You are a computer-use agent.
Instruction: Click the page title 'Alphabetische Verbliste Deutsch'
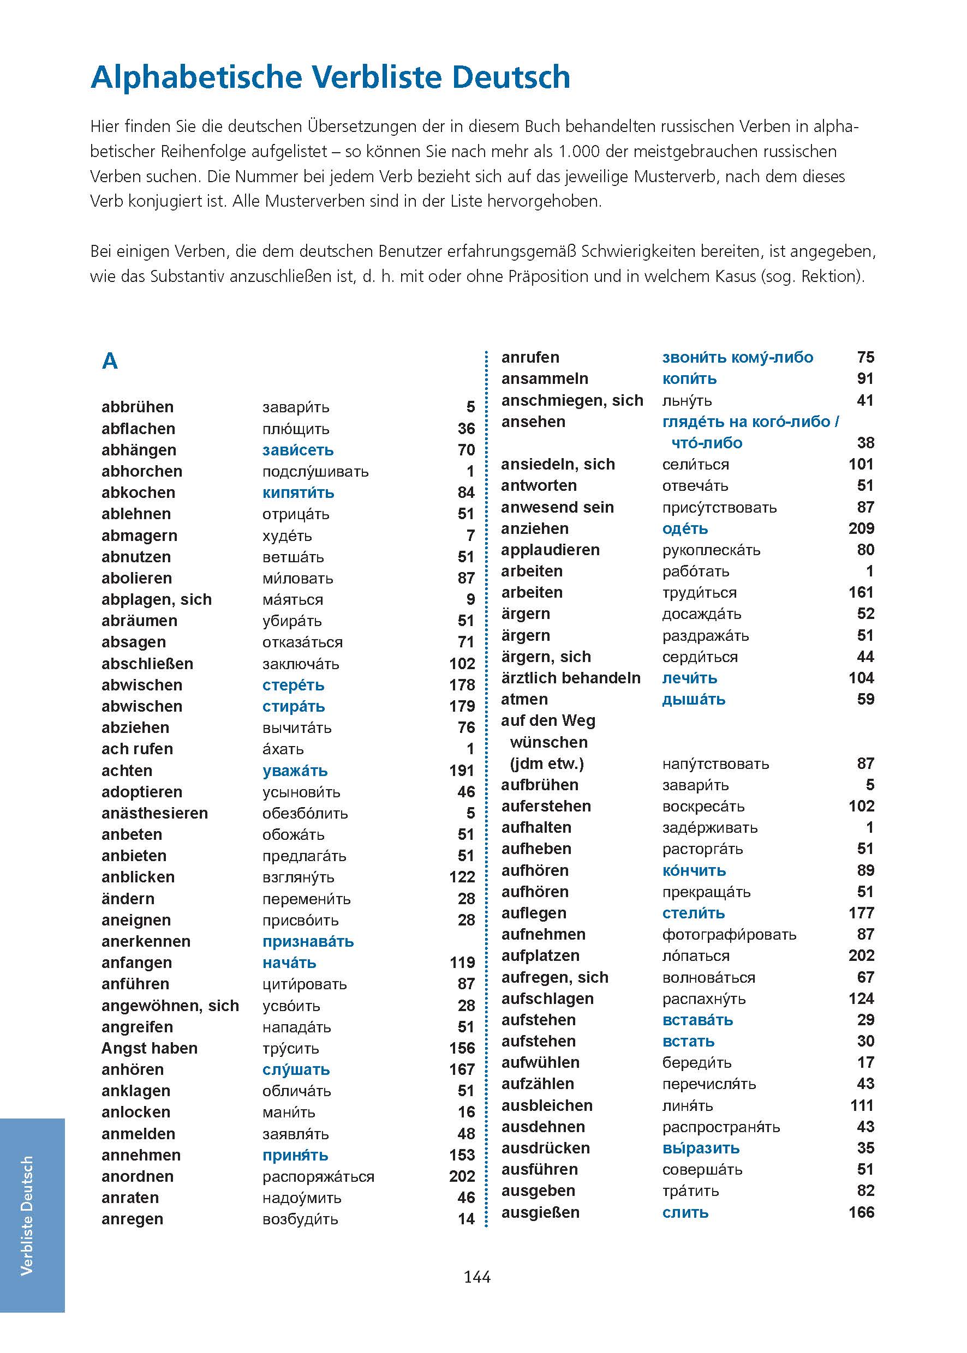pyautogui.click(x=331, y=77)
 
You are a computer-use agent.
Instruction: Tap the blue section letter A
pyautogui.click(x=110, y=361)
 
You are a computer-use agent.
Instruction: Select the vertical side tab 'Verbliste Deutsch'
pyautogui.click(x=27, y=1216)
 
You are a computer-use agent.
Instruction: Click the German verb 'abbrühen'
pyautogui.click(x=138, y=407)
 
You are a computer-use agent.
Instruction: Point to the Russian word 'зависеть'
pyautogui.click(x=298, y=450)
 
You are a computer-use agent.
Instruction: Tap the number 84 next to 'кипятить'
pyautogui.click(x=466, y=492)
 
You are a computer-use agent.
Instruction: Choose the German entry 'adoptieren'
pyautogui.click(x=142, y=792)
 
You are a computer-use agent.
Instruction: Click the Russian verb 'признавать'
pyautogui.click(x=308, y=941)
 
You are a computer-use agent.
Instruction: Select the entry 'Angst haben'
pyautogui.click(x=150, y=1048)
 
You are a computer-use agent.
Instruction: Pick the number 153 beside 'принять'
pyautogui.click(x=462, y=1155)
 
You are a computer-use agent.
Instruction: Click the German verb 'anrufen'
pyautogui.click(x=530, y=358)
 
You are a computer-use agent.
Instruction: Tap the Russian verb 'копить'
pyautogui.click(x=689, y=379)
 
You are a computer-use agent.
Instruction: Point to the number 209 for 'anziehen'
pyautogui.click(x=861, y=528)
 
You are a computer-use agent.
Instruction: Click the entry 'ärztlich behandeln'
pyautogui.click(x=570, y=678)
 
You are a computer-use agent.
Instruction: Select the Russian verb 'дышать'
pyautogui.click(x=694, y=699)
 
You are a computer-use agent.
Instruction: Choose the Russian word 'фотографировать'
pyautogui.click(x=729, y=934)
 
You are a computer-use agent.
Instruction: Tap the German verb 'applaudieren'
pyautogui.click(x=550, y=550)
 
